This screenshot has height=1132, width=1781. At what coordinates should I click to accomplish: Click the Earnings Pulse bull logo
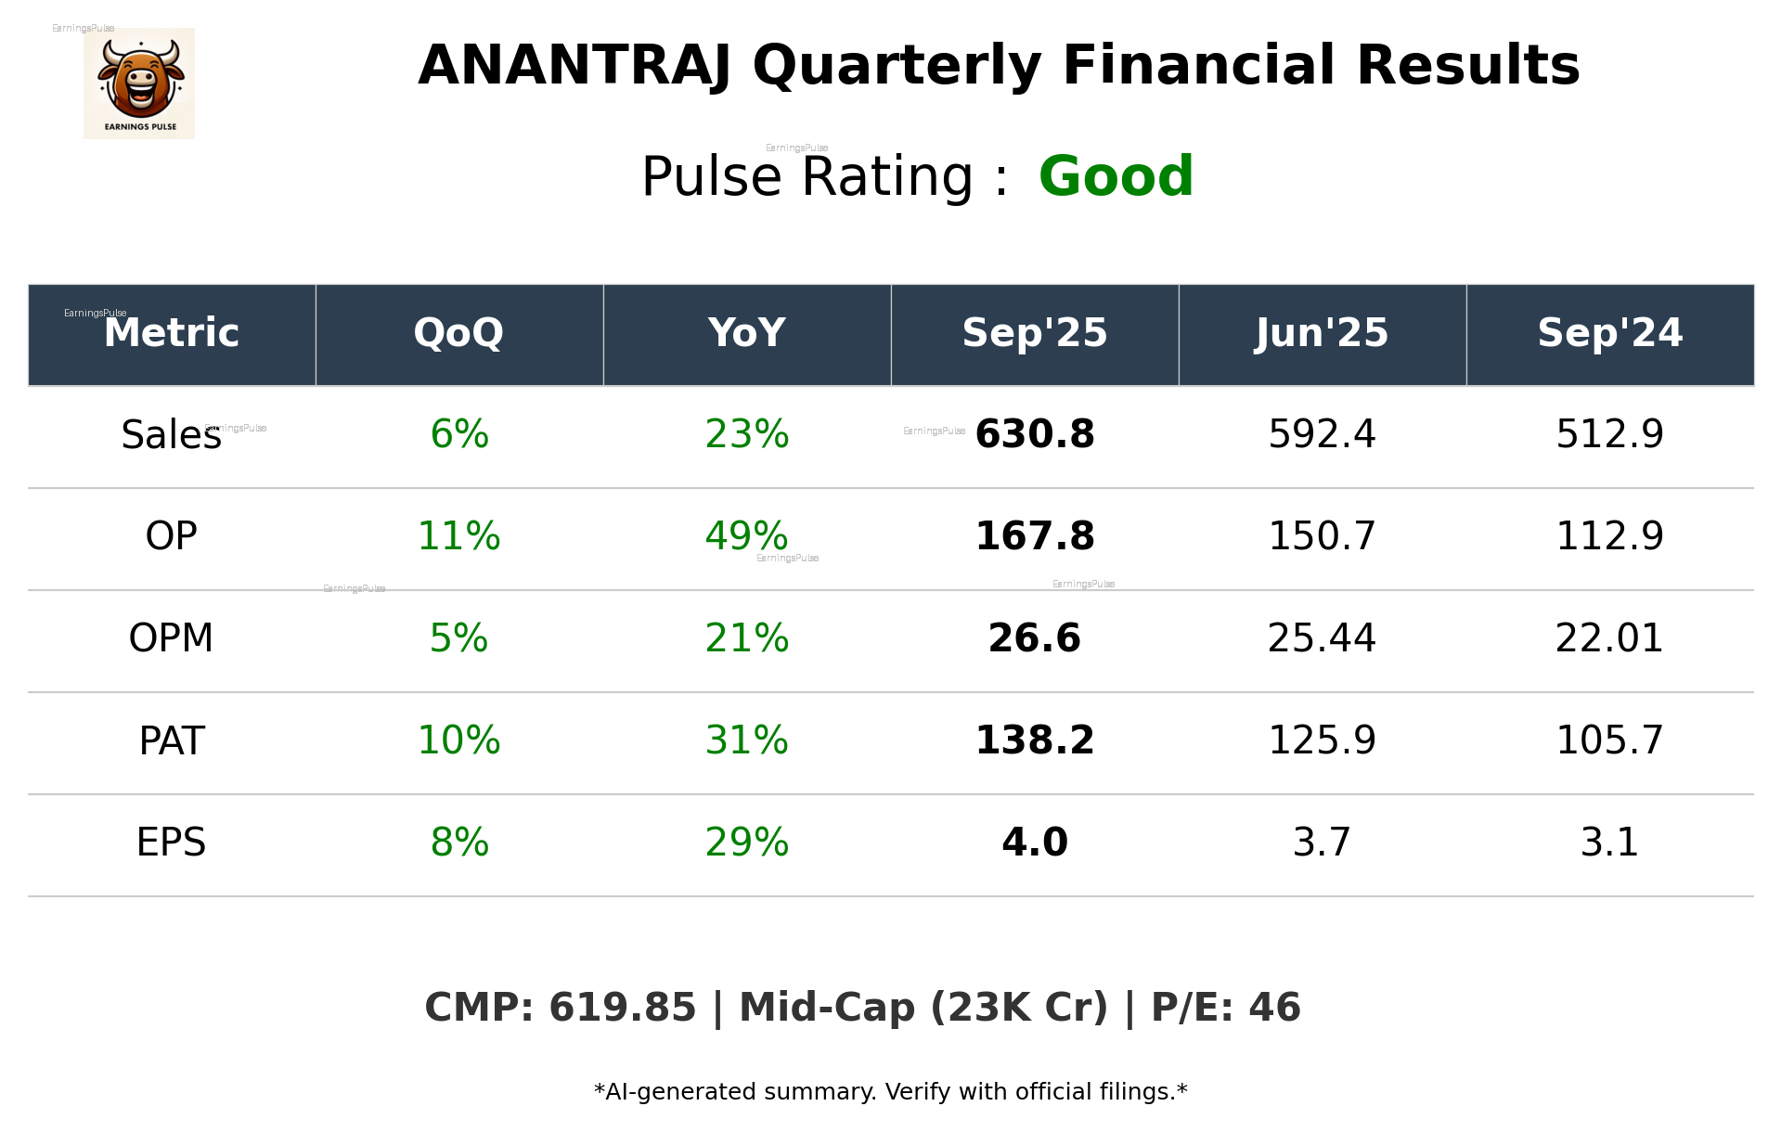(x=139, y=84)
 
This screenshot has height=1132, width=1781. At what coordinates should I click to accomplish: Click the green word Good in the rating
(x=1115, y=176)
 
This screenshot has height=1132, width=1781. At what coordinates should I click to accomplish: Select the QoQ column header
(x=458, y=333)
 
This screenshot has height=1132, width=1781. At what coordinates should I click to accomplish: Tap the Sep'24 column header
(x=1609, y=333)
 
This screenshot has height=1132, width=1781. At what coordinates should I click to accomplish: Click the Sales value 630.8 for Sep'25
(x=1034, y=434)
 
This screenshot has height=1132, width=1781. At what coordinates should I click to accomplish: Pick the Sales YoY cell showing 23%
(x=746, y=434)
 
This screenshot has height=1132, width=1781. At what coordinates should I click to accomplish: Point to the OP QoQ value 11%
(x=458, y=536)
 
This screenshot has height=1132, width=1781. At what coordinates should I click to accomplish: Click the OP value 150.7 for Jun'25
(x=1322, y=536)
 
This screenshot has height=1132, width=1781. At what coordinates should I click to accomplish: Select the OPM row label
(x=171, y=638)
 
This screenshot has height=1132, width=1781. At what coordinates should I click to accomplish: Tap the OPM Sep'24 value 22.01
(x=1609, y=638)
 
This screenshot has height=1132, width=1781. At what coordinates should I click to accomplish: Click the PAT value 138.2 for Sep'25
(x=1034, y=740)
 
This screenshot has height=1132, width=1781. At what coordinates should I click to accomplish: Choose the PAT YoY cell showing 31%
(x=746, y=740)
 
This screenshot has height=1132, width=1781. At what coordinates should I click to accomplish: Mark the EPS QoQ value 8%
(x=458, y=843)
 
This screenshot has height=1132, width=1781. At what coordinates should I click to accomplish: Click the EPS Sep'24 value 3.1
(x=1609, y=843)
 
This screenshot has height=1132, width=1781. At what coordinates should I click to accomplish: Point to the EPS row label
(x=171, y=843)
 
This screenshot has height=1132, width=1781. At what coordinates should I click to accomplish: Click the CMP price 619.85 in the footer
(x=622, y=1008)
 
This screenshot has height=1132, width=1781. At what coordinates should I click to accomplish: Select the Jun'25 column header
(x=1322, y=333)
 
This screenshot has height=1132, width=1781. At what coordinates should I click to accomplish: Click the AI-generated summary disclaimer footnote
(x=890, y=1092)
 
